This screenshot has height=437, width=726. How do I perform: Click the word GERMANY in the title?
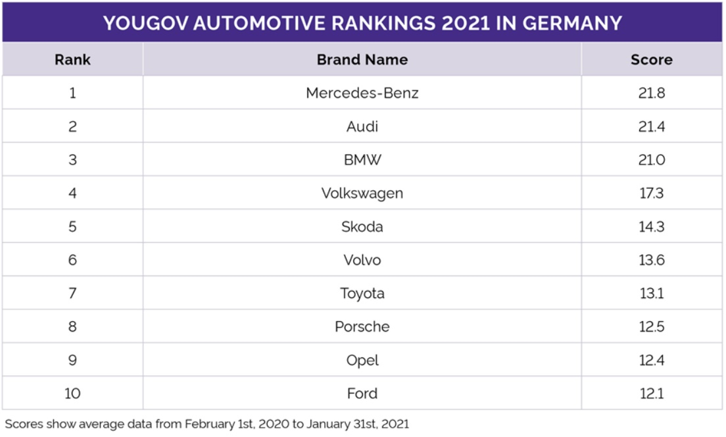[572, 23]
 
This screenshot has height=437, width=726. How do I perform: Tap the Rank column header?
[72, 59]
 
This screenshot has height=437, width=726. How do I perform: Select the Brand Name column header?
[362, 59]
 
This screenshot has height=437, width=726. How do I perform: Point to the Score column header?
[652, 59]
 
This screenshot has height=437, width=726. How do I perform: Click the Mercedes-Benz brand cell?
[362, 93]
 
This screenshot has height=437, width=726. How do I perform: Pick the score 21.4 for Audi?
[652, 126]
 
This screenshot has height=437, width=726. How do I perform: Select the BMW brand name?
[362, 160]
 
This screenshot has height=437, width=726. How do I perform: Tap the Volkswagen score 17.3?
[652, 193]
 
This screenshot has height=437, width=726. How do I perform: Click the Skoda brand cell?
[362, 226]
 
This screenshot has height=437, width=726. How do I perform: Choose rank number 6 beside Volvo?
[72, 260]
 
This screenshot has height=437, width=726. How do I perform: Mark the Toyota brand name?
[362, 294]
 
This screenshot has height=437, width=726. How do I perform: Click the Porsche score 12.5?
[652, 326]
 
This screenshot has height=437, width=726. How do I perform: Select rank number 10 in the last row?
[72, 394]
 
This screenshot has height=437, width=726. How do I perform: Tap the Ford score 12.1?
[652, 394]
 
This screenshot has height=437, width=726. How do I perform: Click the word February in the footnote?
[210, 424]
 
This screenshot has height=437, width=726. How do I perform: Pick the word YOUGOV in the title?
[145, 23]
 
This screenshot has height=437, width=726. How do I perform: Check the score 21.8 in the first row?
[652, 93]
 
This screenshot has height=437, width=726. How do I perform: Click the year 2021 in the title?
[466, 23]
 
